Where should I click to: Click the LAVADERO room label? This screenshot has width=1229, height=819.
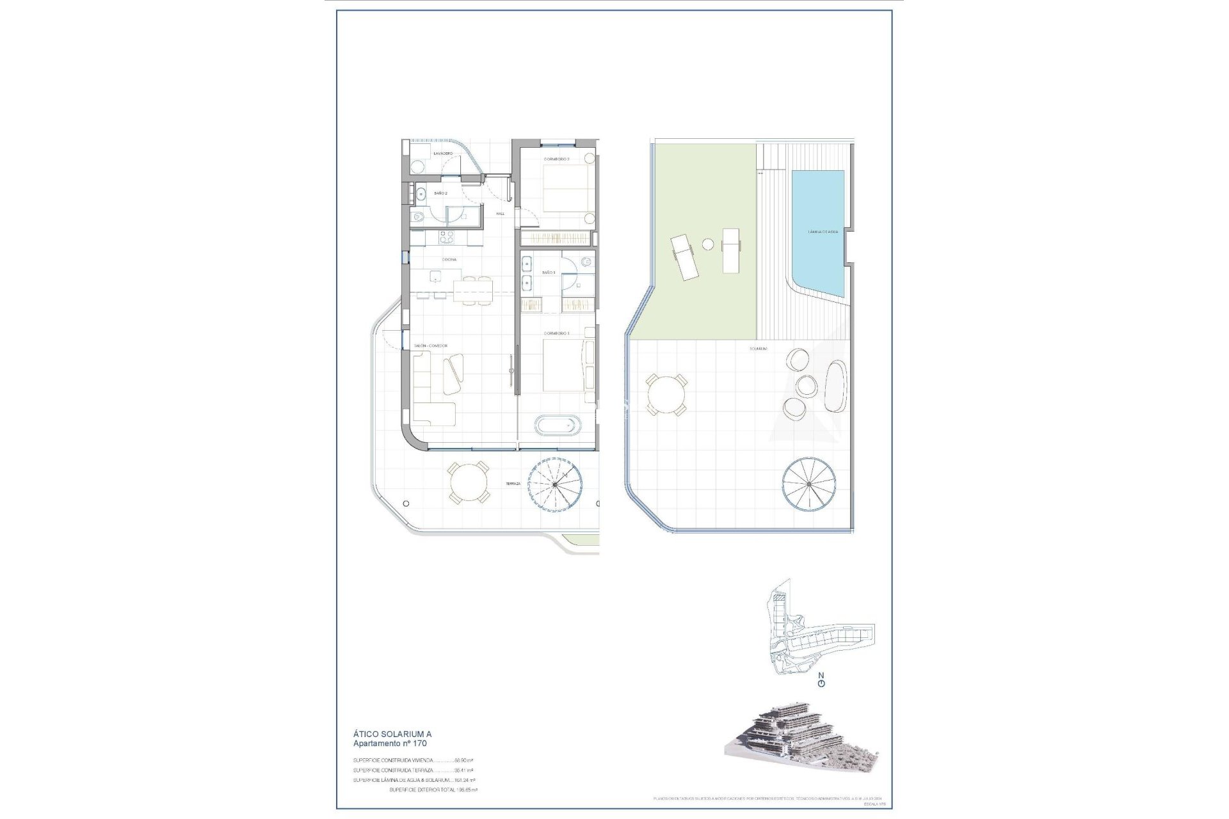pyautogui.click(x=443, y=154)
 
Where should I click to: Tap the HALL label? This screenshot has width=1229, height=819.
pyautogui.click(x=501, y=214)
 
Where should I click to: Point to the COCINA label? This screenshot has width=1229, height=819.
pyautogui.click(x=449, y=259)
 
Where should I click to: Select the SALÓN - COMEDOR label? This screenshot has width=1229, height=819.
pyautogui.click(x=430, y=346)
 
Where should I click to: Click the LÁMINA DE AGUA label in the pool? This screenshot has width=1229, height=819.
pyautogui.click(x=823, y=232)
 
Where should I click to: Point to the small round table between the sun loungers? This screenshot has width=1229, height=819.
pyautogui.click(x=708, y=244)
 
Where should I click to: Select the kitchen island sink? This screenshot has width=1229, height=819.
pyautogui.click(x=436, y=276)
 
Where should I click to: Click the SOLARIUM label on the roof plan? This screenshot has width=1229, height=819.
pyautogui.click(x=760, y=349)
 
